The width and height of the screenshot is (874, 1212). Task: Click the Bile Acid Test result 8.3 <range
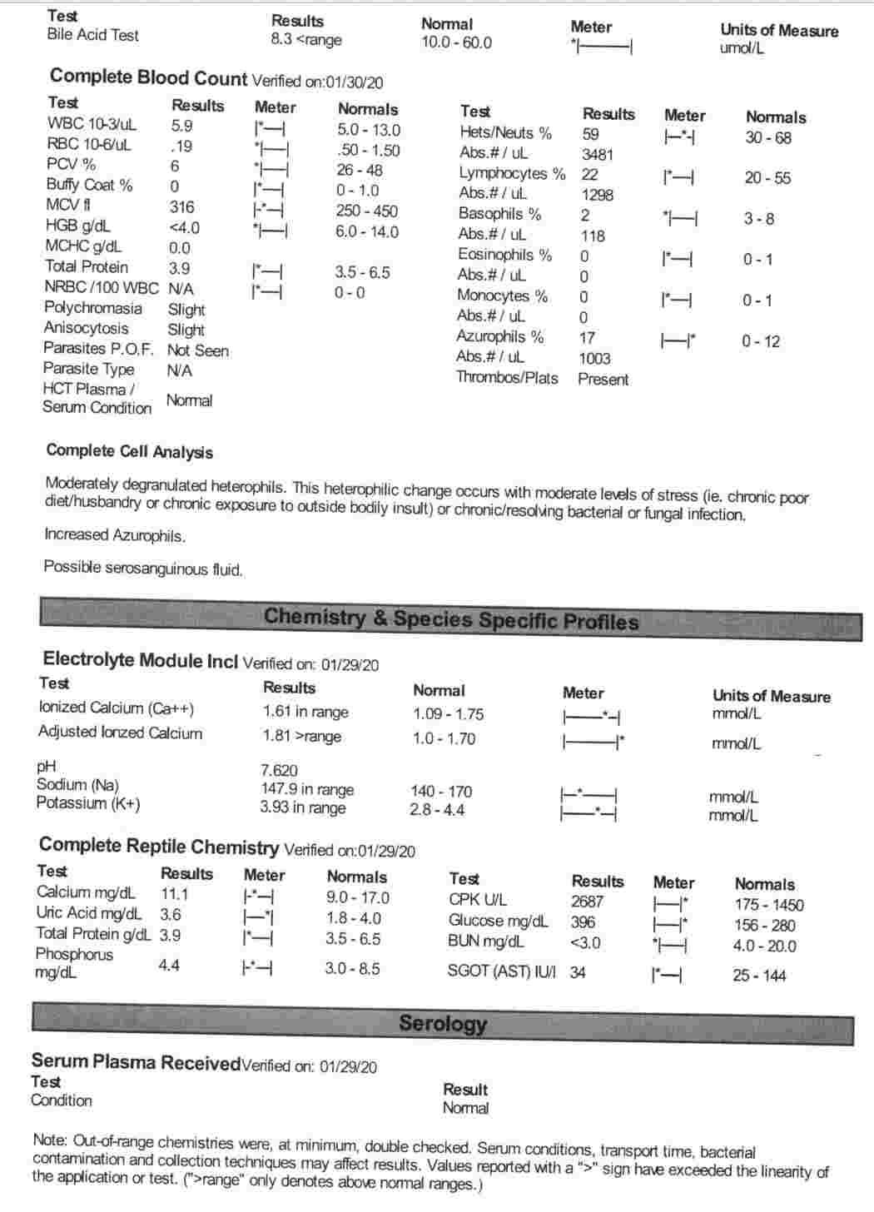(305, 40)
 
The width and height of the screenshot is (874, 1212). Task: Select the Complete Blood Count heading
(148, 78)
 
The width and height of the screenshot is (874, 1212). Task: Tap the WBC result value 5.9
(181, 126)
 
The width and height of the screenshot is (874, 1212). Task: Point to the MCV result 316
(181, 207)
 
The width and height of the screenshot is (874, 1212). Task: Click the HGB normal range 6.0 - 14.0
(366, 232)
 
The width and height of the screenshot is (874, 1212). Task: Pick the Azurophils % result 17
(587, 338)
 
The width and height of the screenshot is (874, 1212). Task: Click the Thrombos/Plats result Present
(603, 380)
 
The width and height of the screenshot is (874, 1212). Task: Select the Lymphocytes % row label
(511, 174)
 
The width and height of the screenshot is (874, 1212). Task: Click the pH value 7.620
(279, 770)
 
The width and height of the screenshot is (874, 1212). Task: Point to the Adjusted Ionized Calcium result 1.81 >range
(301, 737)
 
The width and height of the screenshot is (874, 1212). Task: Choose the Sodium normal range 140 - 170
(440, 792)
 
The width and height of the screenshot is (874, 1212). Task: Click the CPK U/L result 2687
(587, 902)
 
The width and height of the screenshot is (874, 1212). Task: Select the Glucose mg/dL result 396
(583, 922)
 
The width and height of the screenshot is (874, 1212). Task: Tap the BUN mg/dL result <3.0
(585, 943)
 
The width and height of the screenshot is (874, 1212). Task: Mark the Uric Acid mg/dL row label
(88, 913)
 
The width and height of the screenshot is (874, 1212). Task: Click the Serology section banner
(442, 1024)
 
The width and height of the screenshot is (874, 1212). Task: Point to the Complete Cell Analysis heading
(129, 451)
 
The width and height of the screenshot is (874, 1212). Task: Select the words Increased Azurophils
(115, 535)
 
